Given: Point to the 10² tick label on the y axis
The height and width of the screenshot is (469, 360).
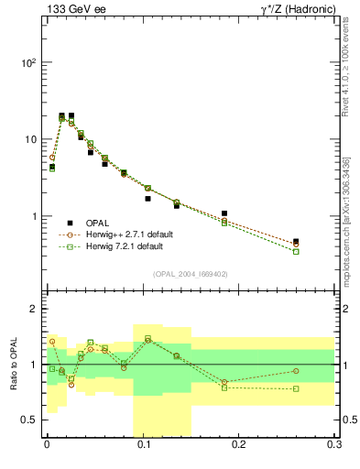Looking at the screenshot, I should (x=29, y=63).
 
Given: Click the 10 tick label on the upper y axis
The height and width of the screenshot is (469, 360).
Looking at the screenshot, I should (x=31, y=140).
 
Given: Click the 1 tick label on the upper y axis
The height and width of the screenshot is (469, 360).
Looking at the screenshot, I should (x=34, y=217).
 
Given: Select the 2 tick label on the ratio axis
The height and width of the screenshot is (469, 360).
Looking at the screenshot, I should (x=34, y=309).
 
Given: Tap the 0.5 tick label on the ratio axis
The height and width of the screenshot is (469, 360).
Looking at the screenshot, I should (x=29, y=420).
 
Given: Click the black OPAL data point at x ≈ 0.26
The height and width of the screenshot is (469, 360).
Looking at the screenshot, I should (x=295, y=242).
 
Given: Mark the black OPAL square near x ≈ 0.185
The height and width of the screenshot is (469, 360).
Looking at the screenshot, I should (x=224, y=213).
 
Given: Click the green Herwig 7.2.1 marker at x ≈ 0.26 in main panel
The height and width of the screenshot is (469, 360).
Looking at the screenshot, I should (x=295, y=251).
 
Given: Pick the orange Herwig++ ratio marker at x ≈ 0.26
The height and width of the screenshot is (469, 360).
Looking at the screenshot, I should (x=295, y=371).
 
